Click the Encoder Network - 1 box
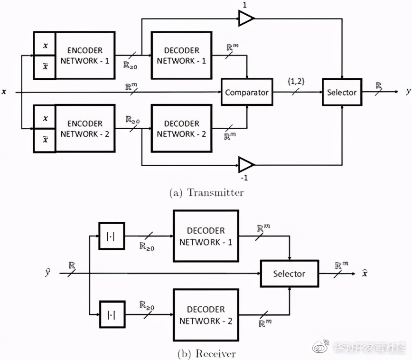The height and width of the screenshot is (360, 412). click(x=84, y=56)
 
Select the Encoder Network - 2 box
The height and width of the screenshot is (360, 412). click(x=84, y=129)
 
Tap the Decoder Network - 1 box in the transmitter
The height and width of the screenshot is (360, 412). click(x=181, y=56)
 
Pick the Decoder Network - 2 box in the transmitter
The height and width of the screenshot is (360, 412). click(x=181, y=129)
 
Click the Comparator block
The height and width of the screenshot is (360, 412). click(x=247, y=92)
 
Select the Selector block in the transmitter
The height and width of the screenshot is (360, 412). click(x=342, y=92)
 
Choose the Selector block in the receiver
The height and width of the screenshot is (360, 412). click(x=289, y=274)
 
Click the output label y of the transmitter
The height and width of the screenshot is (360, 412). click(x=407, y=92)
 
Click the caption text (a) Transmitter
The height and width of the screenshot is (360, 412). click(x=206, y=192)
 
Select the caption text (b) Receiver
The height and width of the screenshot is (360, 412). click(x=206, y=353)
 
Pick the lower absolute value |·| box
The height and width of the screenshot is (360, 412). click(x=112, y=314)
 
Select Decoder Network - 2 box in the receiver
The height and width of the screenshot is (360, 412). click(x=206, y=315)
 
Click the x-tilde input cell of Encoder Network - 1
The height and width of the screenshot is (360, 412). click(x=45, y=67)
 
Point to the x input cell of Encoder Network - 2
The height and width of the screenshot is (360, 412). click(x=45, y=118)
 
